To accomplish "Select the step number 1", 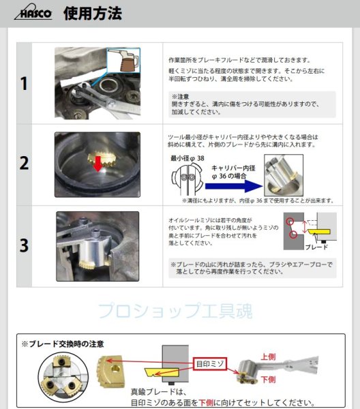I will tap(24, 85).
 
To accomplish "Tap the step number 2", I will tap(24, 164).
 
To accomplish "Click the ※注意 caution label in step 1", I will tap(181, 97).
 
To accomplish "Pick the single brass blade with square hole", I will tap(112, 372).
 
